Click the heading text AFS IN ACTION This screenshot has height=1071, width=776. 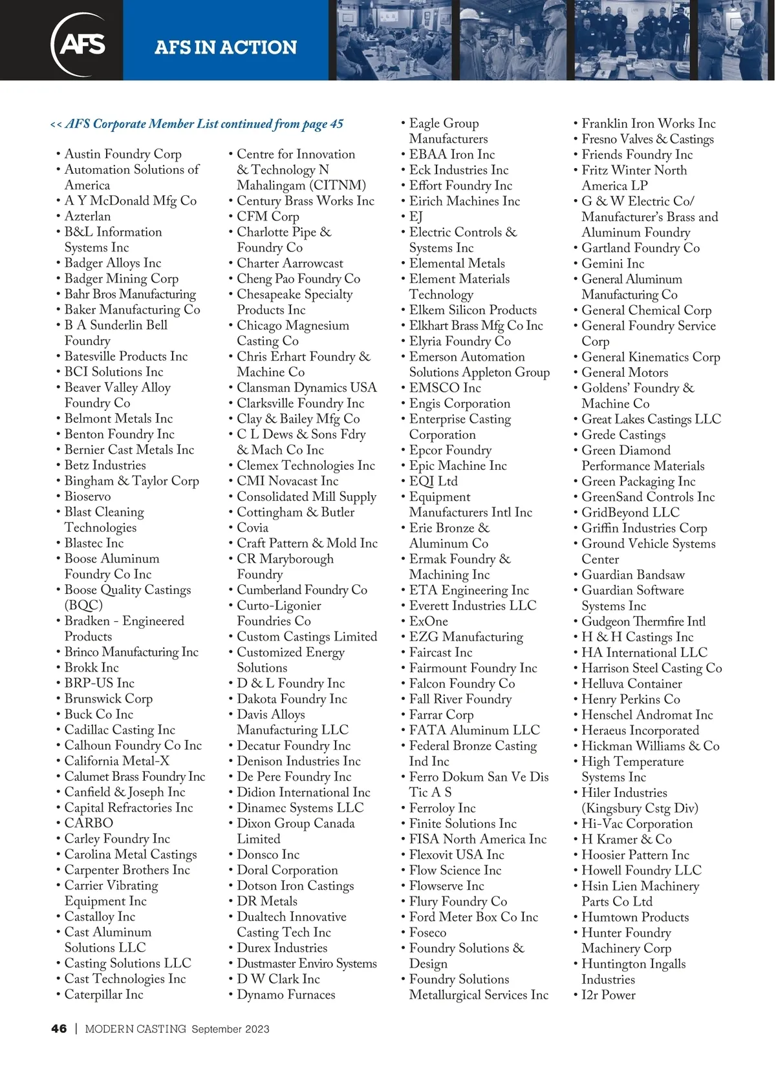pos(226,47)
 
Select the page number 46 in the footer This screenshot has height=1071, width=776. pos(59,1028)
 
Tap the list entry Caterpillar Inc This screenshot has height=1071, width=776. pos(103,994)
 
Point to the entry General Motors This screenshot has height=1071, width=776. pos(625,372)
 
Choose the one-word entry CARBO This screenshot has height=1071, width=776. pos(89,823)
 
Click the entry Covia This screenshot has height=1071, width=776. pos(252,527)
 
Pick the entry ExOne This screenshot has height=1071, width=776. pos(428,621)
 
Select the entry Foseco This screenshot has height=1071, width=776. pos(427,932)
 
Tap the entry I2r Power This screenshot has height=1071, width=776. pos(608,995)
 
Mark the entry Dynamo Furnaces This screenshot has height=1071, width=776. pos(286,994)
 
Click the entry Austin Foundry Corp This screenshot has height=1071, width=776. pos(123,154)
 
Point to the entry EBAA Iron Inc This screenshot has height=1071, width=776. pos(451,154)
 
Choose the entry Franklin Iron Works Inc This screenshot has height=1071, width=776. pos(648,123)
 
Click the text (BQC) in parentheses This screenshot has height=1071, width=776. pos(83,605)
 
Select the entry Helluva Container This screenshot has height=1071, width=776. pos(631,683)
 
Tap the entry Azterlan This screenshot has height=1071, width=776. pos(87,216)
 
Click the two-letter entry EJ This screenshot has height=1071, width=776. pos(416,217)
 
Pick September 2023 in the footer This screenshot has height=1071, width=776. pos(230,1029)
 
